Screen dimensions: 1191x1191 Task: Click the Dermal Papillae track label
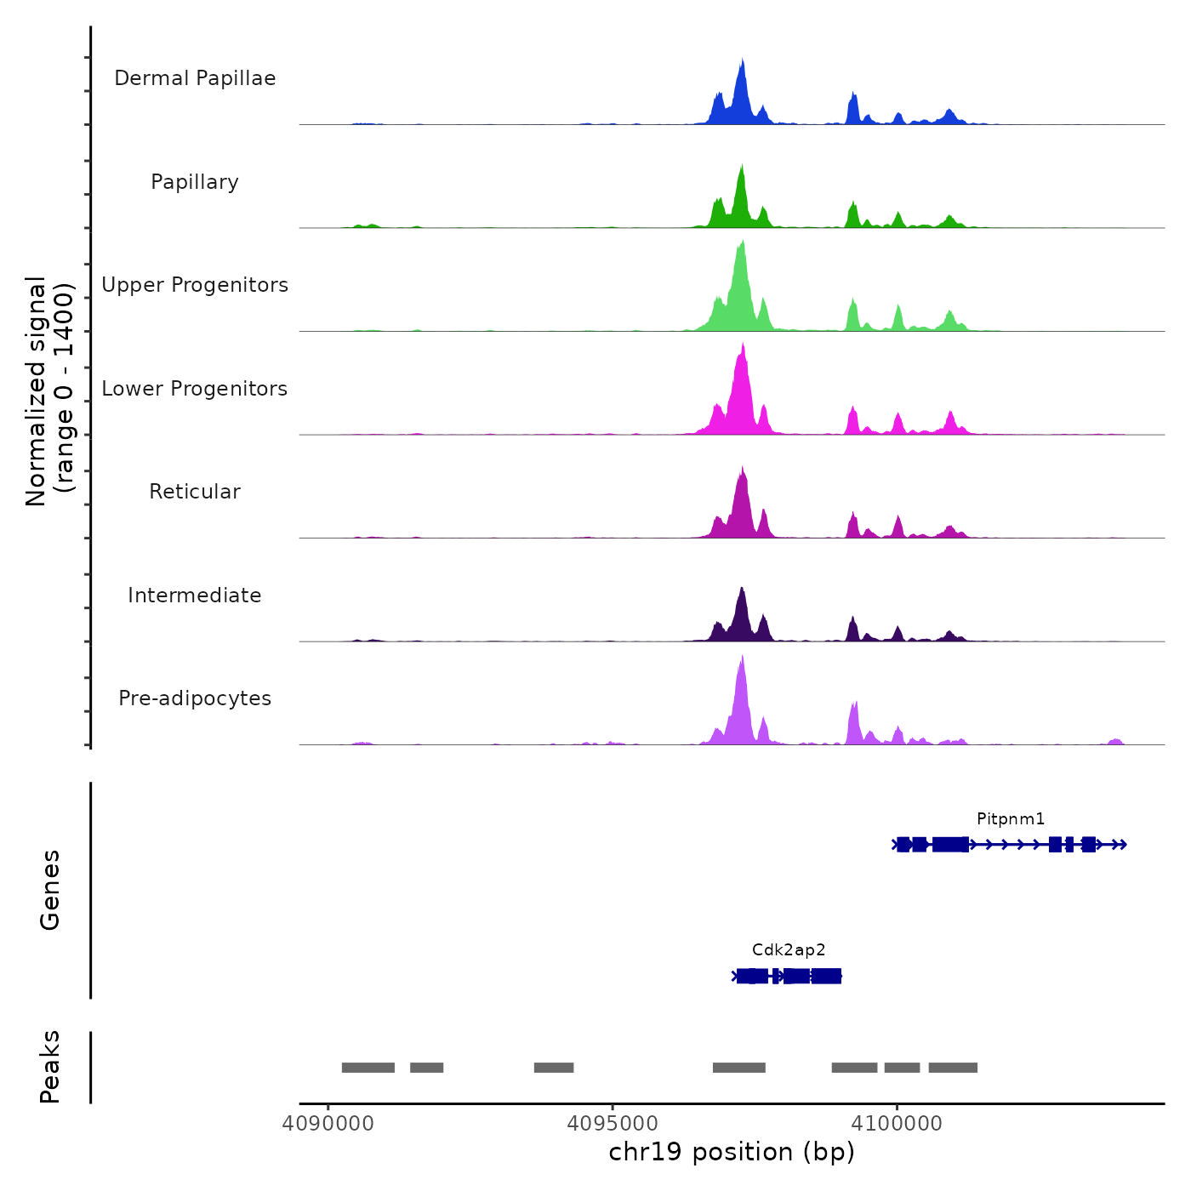click(195, 78)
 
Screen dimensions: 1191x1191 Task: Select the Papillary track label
click(195, 182)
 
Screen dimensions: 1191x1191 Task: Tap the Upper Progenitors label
click(195, 285)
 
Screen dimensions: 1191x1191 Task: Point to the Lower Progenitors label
click(195, 389)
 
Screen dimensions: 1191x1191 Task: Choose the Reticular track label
click(195, 492)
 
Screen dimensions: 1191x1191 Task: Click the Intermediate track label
click(195, 595)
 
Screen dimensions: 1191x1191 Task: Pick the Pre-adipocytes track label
click(195, 698)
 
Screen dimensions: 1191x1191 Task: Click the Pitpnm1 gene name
click(1011, 819)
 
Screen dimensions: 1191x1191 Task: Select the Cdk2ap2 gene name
click(789, 950)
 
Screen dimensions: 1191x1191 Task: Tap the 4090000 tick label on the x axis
click(328, 1124)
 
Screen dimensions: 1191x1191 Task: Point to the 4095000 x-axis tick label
click(613, 1124)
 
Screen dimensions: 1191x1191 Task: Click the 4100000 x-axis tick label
click(897, 1124)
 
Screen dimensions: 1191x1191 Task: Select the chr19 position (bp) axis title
click(732, 1152)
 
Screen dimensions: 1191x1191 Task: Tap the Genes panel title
click(50, 890)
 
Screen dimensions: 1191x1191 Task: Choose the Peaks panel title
click(50, 1067)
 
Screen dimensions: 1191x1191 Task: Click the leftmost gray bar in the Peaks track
click(368, 1068)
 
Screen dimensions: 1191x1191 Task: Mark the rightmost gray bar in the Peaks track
click(953, 1068)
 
